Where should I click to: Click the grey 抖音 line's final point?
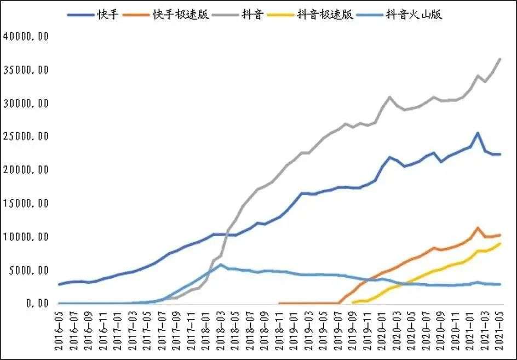click(x=499, y=59)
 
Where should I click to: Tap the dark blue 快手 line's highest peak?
click(x=478, y=133)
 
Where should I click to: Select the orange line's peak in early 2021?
click(x=478, y=227)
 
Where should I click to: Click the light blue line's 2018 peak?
click(x=221, y=265)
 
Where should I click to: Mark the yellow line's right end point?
click(x=499, y=244)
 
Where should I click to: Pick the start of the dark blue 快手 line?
click(x=60, y=284)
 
